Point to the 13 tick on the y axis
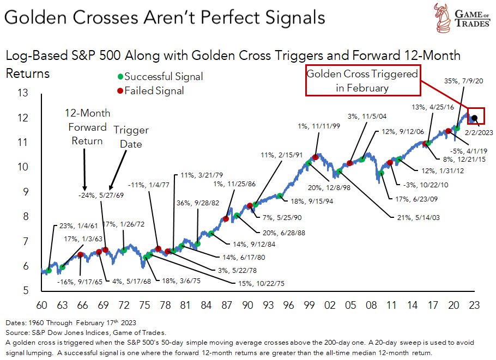click(23, 93)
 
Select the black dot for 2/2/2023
click(475, 118)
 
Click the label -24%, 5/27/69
click(100, 195)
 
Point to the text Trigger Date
click(130, 137)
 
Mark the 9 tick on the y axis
click(23, 192)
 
